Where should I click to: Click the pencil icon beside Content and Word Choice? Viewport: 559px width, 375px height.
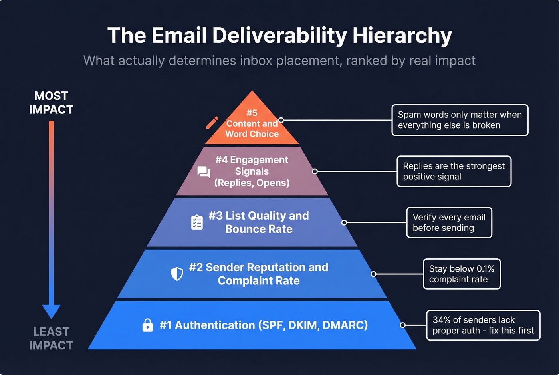pos(212,123)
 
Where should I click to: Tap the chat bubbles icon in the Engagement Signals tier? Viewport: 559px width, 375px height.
pos(204,172)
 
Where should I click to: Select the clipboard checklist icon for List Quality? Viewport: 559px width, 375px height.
pos(197,222)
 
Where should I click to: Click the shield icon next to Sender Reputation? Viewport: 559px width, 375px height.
pos(177,274)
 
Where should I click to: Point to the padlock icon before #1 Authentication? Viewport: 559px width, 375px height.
pos(148,325)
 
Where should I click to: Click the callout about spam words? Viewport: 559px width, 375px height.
pos(460,120)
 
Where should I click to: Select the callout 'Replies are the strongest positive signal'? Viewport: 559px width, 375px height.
pos(454,171)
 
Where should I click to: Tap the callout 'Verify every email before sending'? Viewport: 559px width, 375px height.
pos(449,222)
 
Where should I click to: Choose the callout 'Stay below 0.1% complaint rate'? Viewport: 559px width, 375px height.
pos(462,274)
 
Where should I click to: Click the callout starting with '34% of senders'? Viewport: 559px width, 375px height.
pos(483,325)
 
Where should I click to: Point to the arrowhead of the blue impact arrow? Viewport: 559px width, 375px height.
pos(51,311)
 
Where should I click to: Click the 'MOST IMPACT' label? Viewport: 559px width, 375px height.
pos(51,103)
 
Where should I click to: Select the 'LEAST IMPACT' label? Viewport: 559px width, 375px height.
pos(51,339)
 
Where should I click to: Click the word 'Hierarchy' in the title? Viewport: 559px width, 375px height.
pos(402,36)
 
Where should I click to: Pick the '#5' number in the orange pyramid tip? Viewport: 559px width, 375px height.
pos(252,113)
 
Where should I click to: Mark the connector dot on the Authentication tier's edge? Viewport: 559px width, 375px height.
pos(402,325)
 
